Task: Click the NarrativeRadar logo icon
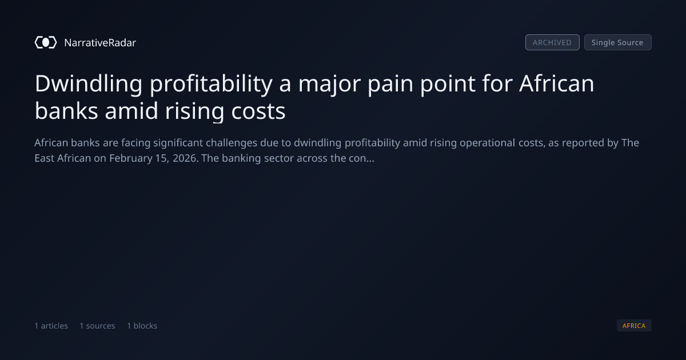coord(46,42)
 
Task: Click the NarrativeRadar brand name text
coord(100,42)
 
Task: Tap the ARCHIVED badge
coord(552,42)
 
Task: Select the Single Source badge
coord(618,42)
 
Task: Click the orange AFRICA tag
coord(634,325)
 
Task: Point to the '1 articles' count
coord(51,326)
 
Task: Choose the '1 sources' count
coord(97,326)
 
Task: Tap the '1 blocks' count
coord(142,326)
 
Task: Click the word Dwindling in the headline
coord(89,84)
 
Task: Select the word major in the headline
coord(329,84)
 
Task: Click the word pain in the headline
coord(390,84)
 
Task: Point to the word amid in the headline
coord(131,111)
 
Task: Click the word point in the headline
coord(448,84)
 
